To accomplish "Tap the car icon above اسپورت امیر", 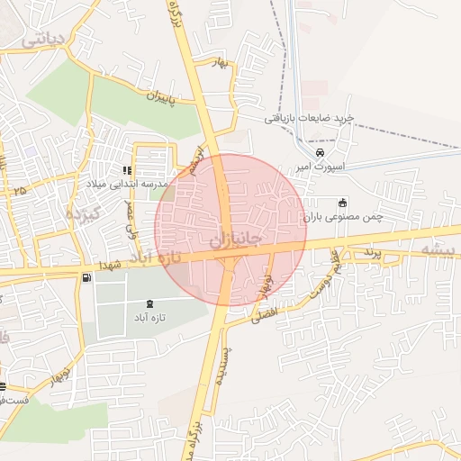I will pyautogui.click(x=321, y=153).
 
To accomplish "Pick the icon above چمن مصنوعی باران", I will pyautogui.click(x=340, y=202).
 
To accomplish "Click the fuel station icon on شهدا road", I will pyautogui.click(x=86, y=278).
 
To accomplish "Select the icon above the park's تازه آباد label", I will pyautogui.click(x=149, y=303).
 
